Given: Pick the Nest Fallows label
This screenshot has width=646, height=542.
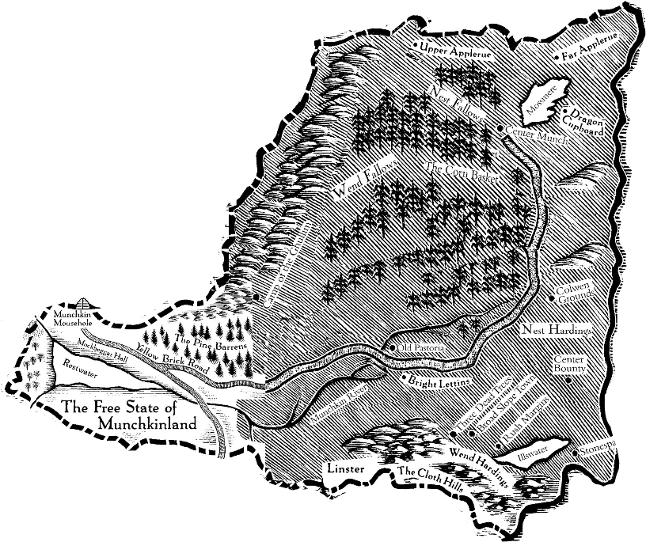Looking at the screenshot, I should [458, 103].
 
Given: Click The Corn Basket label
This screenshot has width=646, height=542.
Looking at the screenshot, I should [462, 173].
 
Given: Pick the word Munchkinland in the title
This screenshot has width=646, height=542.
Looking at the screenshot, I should [146, 424].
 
